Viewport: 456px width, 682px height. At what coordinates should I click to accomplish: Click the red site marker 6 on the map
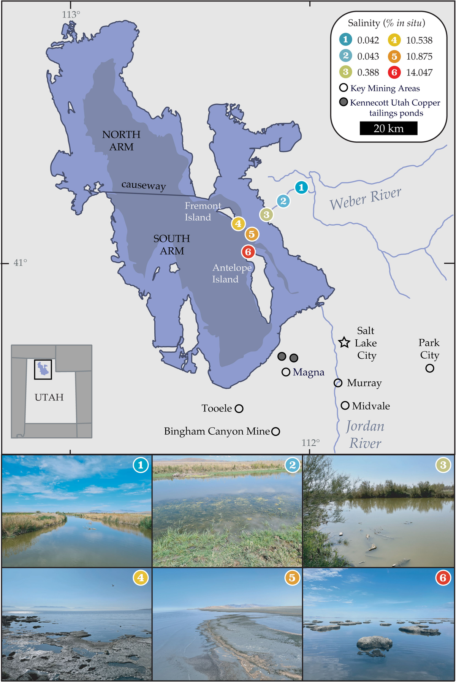coord(248,252)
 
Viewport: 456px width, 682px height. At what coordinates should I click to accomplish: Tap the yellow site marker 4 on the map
coord(238,223)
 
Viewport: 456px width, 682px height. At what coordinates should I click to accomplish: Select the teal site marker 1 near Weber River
coord(301,187)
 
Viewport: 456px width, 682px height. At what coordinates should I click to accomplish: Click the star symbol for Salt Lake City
coord(344,342)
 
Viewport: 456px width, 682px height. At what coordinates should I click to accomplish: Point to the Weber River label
coord(365,198)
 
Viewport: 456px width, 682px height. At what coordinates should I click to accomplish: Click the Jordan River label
coord(365,434)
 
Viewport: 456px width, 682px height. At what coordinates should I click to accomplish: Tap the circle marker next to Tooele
coord(239,408)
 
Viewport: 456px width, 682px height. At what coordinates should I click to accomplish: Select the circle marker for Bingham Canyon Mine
coord(276,431)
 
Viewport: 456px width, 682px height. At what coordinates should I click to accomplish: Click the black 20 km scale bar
coord(388,128)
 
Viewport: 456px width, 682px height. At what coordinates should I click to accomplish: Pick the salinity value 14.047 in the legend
coord(419,72)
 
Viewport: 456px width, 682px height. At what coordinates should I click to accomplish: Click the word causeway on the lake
coord(144,185)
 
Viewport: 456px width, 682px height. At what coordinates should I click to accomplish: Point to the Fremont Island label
coord(203,211)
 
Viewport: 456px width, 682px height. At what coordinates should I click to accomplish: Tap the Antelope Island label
coord(231,273)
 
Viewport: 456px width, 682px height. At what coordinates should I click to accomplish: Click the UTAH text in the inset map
coord(49,397)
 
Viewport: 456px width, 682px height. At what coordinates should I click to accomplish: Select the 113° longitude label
coord(71,14)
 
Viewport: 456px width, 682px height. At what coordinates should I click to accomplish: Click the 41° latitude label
coord(21,263)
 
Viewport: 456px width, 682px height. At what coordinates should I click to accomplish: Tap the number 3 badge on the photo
coord(443,465)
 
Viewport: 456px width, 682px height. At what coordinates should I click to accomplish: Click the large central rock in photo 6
coord(375,642)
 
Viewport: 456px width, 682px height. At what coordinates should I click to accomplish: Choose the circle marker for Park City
coord(430,368)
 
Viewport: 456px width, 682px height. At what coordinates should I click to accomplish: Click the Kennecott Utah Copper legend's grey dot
coord(344,102)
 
